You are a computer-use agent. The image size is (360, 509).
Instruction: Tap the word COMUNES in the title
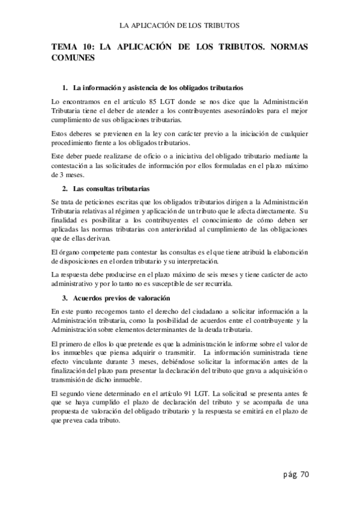pyautogui.click(x=73, y=59)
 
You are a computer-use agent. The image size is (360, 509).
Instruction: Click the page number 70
pyautogui.click(x=303, y=475)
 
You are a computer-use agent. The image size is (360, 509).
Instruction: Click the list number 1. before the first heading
pyautogui.click(x=65, y=88)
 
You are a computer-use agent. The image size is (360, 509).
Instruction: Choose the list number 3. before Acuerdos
pyautogui.click(x=65, y=298)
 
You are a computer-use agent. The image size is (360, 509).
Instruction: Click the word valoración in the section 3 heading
pyautogui.click(x=153, y=298)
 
